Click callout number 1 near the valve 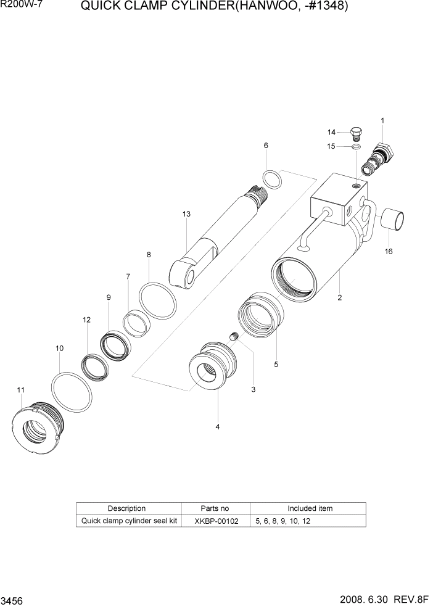point(382,121)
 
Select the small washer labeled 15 point(357,147)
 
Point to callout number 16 point(388,252)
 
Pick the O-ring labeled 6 point(270,180)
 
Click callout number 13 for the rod point(186,214)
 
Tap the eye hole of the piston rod point(190,275)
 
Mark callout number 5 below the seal point(276,365)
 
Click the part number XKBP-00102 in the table point(215,521)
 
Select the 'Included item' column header point(310,508)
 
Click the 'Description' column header point(126,508)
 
